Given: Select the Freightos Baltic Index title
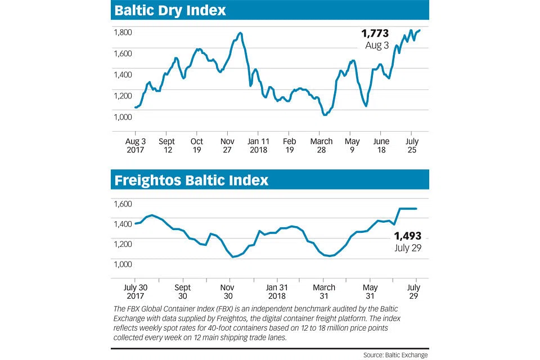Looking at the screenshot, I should pyautogui.click(x=191, y=180).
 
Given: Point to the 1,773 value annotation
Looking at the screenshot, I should pyautogui.click(x=374, y=34).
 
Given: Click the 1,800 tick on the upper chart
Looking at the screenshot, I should pyautogui.click(x=123, y=32).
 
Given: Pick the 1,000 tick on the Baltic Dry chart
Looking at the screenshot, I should pyautogui.click(x=123, y=117).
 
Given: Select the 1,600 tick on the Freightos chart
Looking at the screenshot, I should pyautogui.click(x=123, y=204).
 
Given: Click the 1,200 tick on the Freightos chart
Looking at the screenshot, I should pyautogui.click(x=123, y=244).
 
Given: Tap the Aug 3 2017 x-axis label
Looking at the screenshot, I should pyautogui.click(x=135, y=146).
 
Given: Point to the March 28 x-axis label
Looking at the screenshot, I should pyautogui.click(x=322, y=146).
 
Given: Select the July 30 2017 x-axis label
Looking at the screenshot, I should pyautogui.click(x=135, y=291).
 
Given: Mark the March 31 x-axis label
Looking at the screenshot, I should pyautogui.click(x=323, y=291).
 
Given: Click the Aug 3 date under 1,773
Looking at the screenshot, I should pyautogui.click(x=377, y=45).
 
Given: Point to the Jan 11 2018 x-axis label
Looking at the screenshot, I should pyautogui.click(x=259, y=146).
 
